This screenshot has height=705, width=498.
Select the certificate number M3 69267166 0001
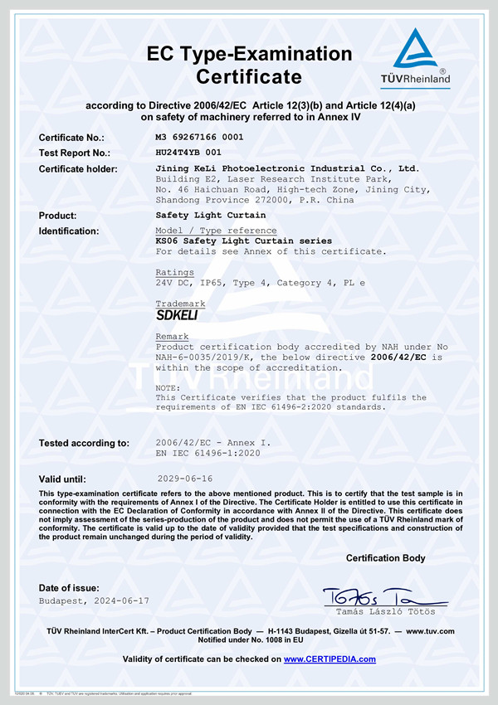click(199, 137)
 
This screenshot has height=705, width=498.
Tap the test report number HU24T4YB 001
click(188, 153)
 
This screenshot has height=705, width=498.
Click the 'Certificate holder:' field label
click(78, 169)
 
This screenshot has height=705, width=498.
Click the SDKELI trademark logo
click(177, 315)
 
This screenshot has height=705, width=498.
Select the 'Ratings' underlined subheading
click(174, 272)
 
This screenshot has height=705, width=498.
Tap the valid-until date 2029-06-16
click(184, 479)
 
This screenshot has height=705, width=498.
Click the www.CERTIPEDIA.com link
click(330, 659)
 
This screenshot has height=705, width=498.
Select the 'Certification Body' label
click(385, 557)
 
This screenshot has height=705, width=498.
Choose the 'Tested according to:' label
click(84, 443)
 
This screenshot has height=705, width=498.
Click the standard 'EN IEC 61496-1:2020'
click(208, 454)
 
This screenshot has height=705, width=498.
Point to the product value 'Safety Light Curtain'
click(206, 215)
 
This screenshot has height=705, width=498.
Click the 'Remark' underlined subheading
click(172, 337)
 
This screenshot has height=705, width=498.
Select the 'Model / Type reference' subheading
click(216, 230)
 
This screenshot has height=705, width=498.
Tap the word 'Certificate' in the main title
click(249, 78)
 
